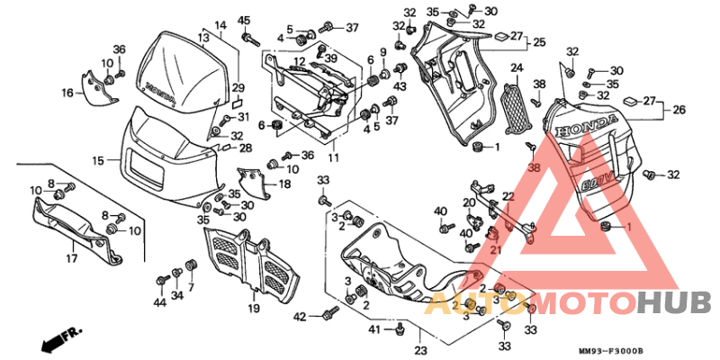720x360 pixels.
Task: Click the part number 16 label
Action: point(67,93)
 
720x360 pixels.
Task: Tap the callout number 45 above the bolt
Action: point(244,21)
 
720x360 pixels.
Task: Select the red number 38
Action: point(534,167)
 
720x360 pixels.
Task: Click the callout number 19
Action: point(254,309)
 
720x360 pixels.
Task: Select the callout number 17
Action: point(71,257)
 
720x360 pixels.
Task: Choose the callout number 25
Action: point(539,41)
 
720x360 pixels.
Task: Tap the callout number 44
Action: point(159,303)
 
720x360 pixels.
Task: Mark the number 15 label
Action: point(98,159)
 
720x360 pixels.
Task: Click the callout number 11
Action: point(333,157)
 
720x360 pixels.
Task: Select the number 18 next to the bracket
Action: point(284,184)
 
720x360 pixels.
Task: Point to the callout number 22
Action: point(508,196)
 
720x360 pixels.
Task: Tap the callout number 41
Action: point(373,330)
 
